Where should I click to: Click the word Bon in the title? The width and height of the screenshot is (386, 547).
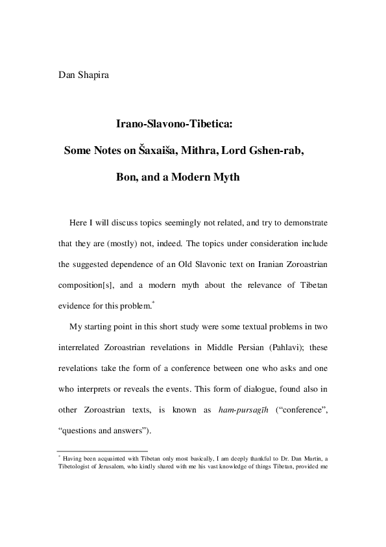[127, 177]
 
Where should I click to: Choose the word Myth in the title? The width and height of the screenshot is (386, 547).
[224, 177]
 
